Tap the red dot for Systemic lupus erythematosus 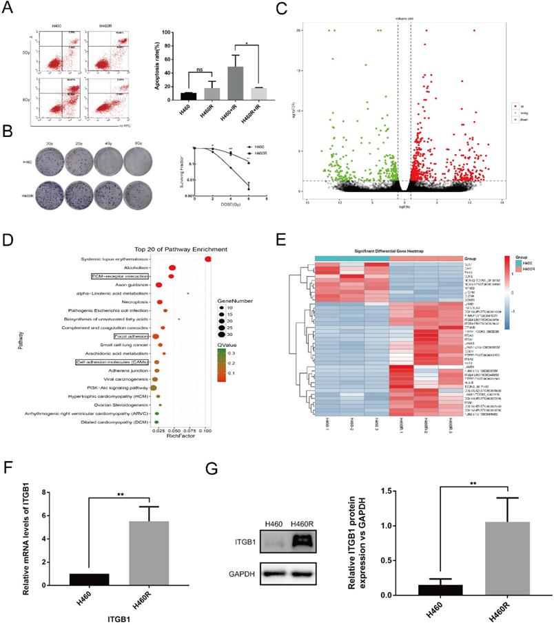coord(208,259)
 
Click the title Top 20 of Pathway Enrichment coord(163,248)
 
